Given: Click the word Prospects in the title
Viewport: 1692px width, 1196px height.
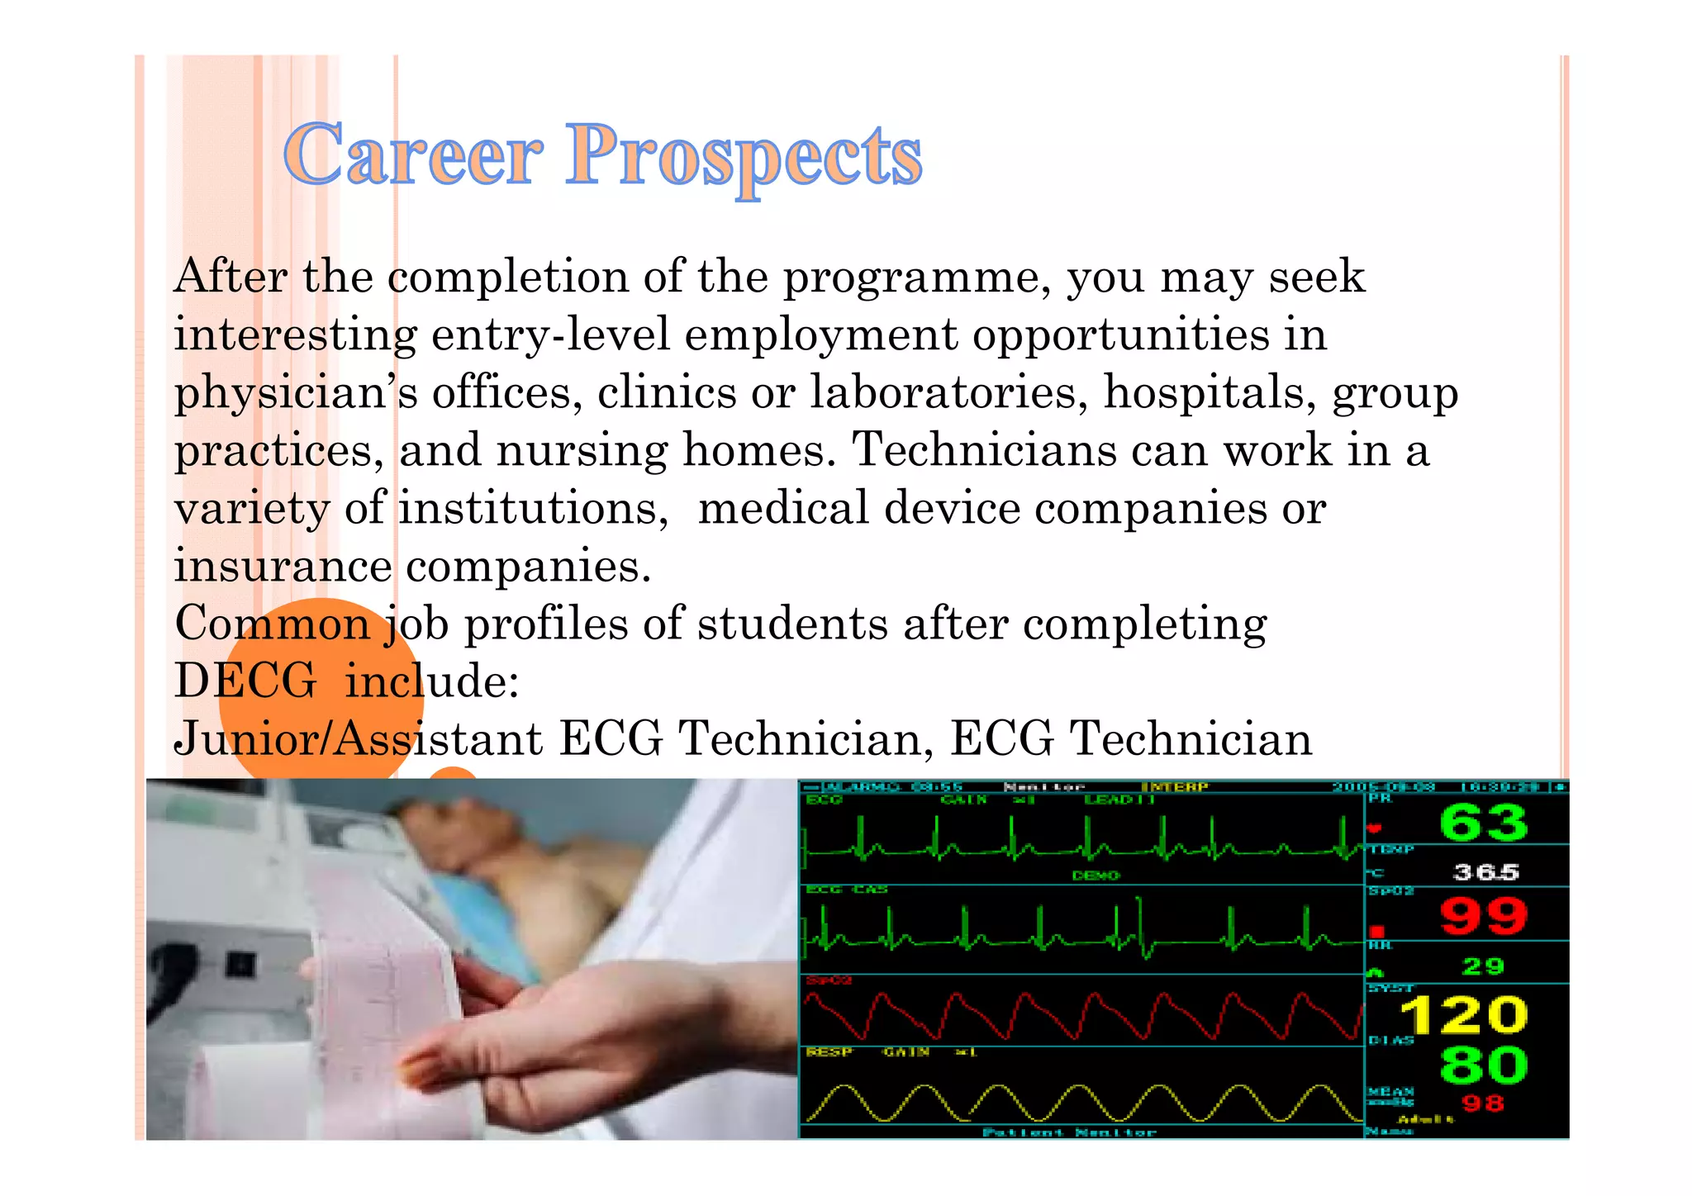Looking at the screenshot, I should pos(744,157).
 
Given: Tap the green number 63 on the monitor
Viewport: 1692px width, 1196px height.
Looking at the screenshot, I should pos(1483,823).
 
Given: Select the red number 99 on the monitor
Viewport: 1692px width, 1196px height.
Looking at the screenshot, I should pos(1483,917).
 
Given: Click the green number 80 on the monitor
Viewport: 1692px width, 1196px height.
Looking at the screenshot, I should pos(1483,1065).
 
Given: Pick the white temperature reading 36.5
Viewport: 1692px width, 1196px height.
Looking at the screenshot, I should pos(1485,872).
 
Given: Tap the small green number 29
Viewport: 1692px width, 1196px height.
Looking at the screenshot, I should pos(1483,966).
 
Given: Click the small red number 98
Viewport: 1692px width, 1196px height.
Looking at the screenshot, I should pos(1483,1103).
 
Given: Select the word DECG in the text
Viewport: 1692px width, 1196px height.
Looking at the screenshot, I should pos(245,681).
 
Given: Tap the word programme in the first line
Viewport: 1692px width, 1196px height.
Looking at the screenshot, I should pos(917,278).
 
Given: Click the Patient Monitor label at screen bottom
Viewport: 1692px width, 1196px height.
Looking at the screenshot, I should pos(1069,1132).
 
